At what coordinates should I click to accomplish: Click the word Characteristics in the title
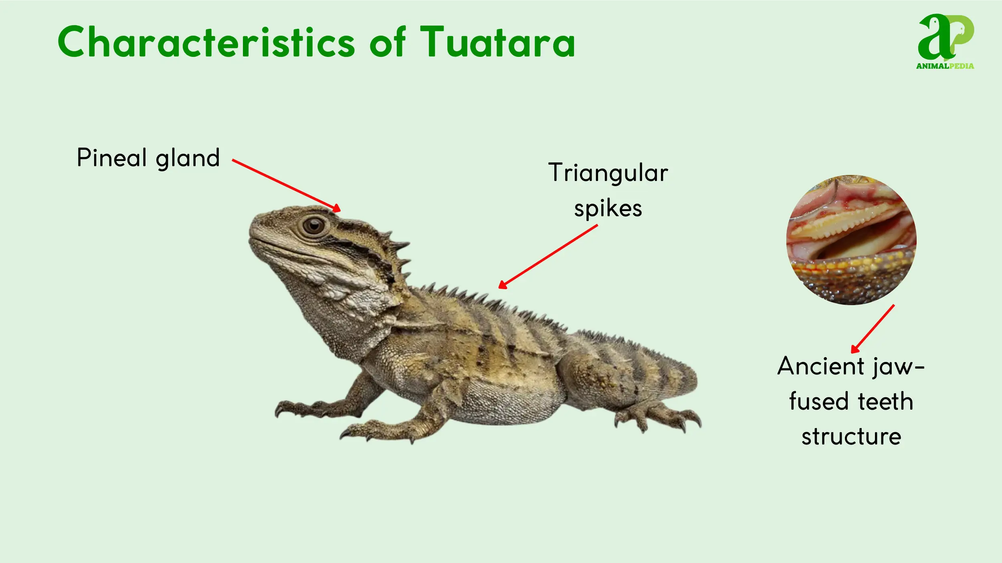click(x=206, y=42)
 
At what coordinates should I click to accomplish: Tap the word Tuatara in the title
click(x=497, y=42)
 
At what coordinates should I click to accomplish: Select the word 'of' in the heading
click(x=388, y=42)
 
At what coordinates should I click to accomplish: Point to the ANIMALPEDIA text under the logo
click(x=945, y=66)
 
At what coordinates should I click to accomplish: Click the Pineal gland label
click(x=148, y=158)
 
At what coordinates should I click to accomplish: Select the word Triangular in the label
click(x=608, y=173)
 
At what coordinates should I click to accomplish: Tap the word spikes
click(x=608, y=209)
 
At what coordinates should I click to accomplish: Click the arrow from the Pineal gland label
click(x=286, y=185)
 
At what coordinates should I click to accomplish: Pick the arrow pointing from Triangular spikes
click(x=548, y=256)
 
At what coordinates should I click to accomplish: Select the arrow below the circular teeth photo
click(x=873, y=329)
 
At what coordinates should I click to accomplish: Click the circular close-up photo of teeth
click(x=851, y=239)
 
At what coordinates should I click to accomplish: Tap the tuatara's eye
click(x=314, y=226)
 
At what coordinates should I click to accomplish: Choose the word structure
click(x=851, y=436)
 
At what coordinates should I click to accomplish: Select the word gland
click(x=188, y=158)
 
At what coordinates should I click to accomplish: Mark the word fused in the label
click(x=817, y=402)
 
